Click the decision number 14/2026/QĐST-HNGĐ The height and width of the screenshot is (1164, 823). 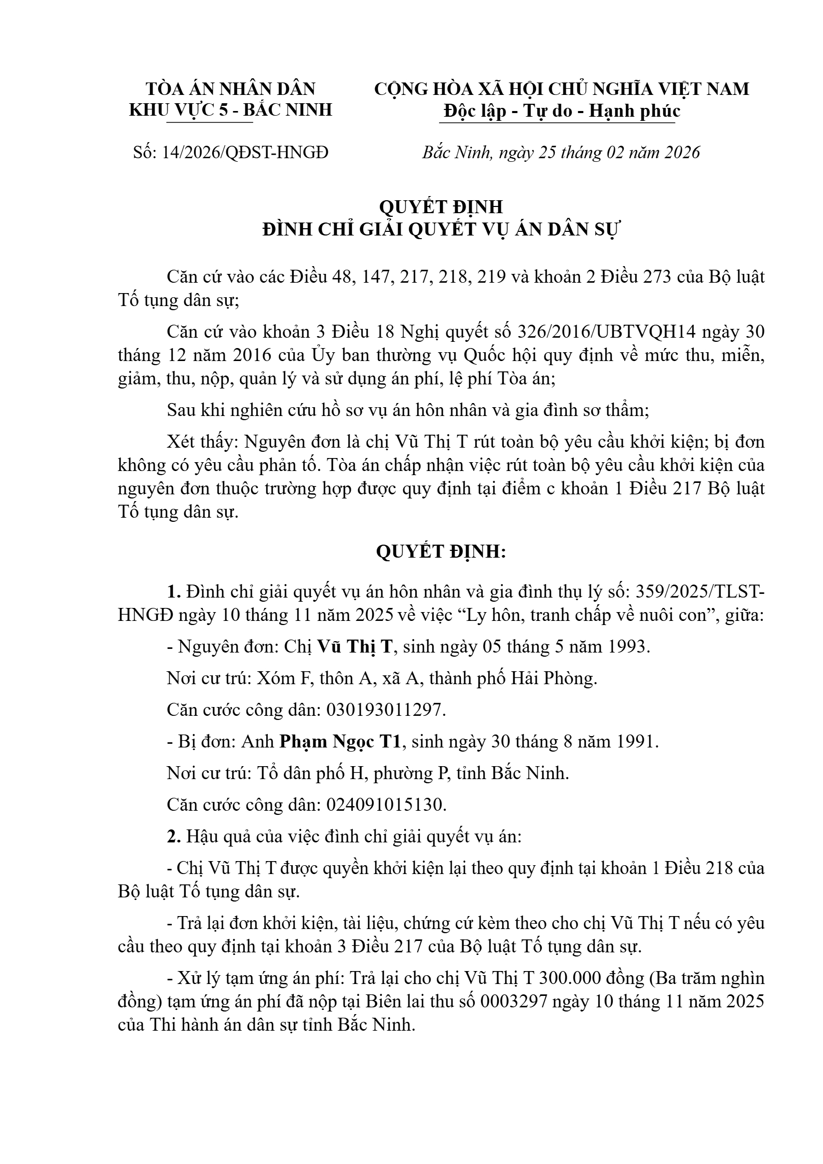[x=245, y=153]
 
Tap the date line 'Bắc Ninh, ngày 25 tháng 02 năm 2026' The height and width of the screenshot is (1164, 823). [x=560, y=153]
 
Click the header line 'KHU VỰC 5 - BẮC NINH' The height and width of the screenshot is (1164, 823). [x=230, y=110]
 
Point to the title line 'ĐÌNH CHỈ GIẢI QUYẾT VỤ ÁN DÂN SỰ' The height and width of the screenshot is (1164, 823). [x=441, y=229]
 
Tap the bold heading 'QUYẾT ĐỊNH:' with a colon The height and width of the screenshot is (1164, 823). [x=441, y=552]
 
